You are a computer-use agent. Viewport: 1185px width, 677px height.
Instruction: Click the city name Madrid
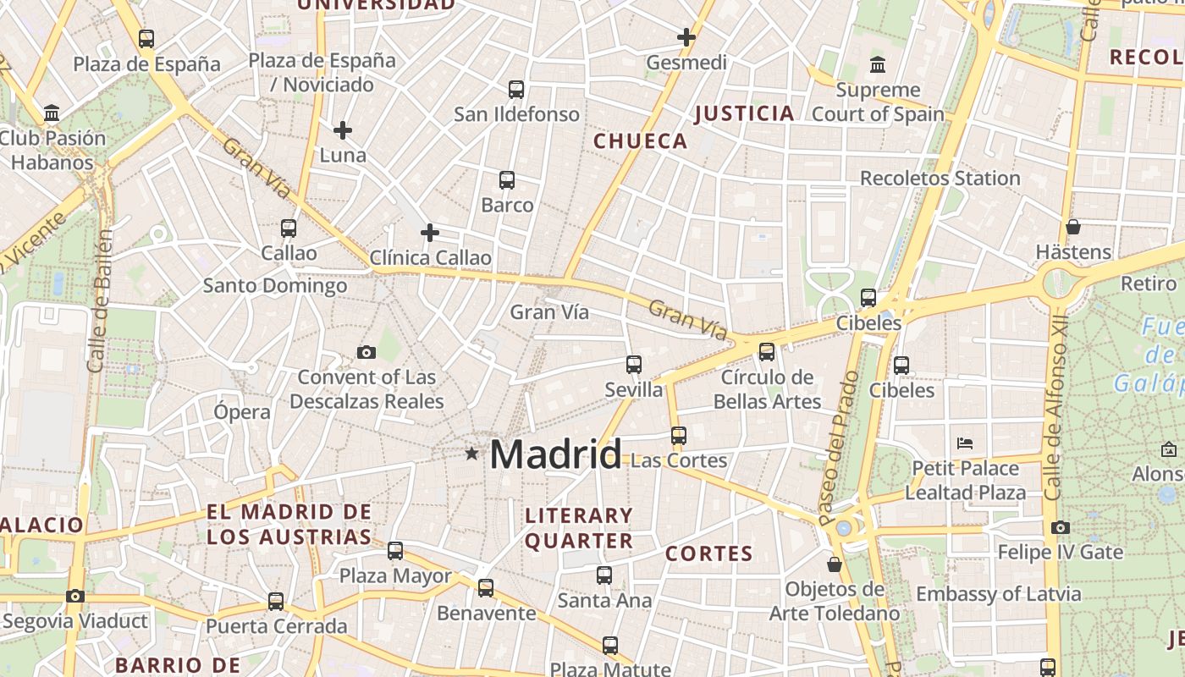[555, 454]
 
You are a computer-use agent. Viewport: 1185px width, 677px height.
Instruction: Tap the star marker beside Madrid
[471, 454]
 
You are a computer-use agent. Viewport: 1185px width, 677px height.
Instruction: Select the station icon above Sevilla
[633, 365]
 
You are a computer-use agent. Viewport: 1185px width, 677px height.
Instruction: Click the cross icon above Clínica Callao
[430, 233]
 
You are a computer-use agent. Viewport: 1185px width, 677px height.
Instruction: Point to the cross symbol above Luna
[342, 130]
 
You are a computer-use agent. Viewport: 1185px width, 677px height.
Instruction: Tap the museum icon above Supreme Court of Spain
[878, 64]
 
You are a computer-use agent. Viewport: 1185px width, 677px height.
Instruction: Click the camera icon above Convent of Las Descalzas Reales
[367, 352]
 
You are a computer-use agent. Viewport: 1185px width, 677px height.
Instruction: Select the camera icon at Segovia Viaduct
[75, 596]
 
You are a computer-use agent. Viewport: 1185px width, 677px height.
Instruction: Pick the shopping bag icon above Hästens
[1072, 227]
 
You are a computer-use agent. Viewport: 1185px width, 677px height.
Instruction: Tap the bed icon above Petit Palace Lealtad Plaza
[965, 443]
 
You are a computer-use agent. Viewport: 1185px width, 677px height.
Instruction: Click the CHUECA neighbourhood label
[641, 141]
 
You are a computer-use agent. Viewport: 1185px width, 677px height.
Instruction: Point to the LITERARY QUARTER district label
[579, 528]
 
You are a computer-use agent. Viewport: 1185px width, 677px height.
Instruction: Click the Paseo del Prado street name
[839, 447]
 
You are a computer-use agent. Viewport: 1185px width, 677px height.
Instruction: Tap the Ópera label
[242, 412]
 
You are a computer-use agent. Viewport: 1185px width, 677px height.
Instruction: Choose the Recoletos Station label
[940, 179]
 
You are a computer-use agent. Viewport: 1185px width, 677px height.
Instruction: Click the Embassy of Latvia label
[998, 594]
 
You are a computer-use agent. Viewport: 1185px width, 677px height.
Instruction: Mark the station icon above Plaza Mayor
[395, 551]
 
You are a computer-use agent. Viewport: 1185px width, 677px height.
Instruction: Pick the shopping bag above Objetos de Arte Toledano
[835, 564]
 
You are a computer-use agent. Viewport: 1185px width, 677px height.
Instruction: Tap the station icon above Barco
[507, 179]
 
